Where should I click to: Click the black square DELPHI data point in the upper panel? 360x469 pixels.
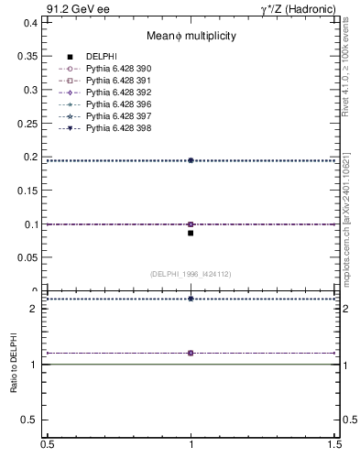[191, 233]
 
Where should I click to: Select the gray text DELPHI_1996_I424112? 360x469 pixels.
[191, 274]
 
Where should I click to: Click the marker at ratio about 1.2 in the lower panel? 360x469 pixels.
[191, 353]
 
